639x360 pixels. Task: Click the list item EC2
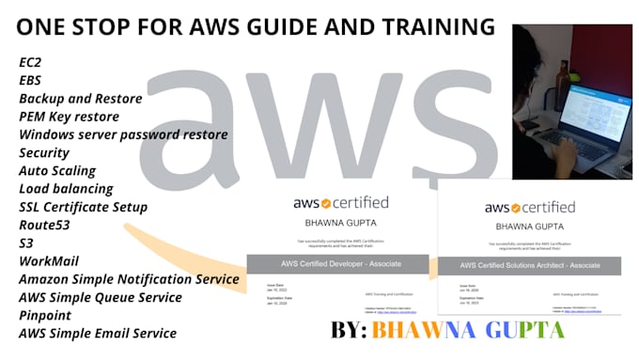point(30,62)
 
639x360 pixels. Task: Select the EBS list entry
point(30,81)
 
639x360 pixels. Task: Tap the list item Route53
point(45,226)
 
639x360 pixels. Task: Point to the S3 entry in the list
point(26,243)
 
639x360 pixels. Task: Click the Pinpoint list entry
point(45,315)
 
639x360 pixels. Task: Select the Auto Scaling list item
point(57,171)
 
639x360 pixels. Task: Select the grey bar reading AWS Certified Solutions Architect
point(529,264)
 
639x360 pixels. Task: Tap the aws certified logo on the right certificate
point(531,207)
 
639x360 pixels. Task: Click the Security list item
point(44,152)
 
